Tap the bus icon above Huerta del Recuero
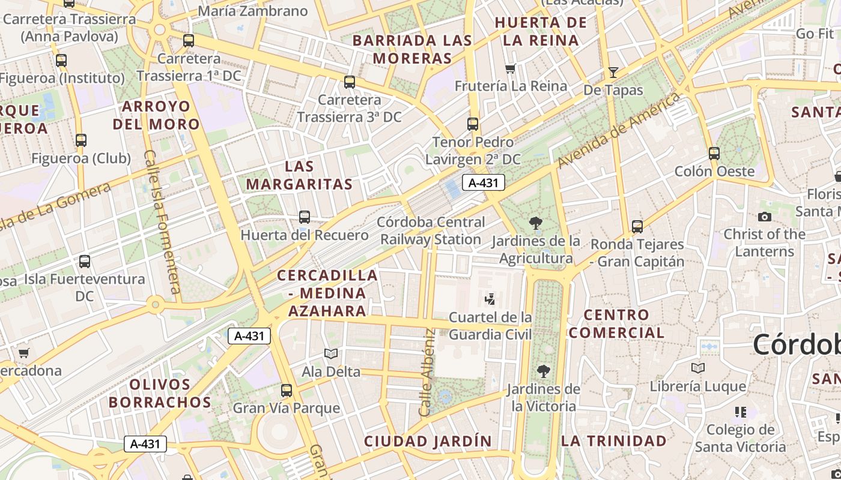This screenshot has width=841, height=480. click(x=305, y=217)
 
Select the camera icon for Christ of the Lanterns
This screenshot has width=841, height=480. click(x=765, y=217)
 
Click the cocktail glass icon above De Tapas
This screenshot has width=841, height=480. click(x=613, y=73)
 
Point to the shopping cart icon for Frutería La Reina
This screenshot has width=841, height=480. click(x=511, y=68)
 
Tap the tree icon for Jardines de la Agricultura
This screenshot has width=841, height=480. click(x=536, y=224)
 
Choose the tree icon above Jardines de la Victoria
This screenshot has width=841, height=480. click(x=544, y=371)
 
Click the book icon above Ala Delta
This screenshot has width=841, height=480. click(x=331, y=353)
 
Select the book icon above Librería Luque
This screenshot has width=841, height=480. click(x=698, y=368)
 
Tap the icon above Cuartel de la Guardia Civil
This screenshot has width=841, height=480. click(x=490, y=299)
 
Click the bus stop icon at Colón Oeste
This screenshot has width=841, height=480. click(x=714, y=154)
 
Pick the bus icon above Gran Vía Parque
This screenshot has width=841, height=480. click(x=287, y=391)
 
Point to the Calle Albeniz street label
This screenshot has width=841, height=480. click(x=427, y=373)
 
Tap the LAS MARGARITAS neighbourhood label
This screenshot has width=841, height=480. click(x=299, y=175)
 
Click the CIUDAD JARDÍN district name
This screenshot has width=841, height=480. click(x=428, y=442)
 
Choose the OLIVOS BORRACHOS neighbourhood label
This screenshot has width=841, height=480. click(x=160, y=394)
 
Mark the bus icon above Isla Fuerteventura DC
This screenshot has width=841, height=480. click(x=85, y=262)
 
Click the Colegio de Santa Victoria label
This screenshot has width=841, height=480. click(x=740, y=438)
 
